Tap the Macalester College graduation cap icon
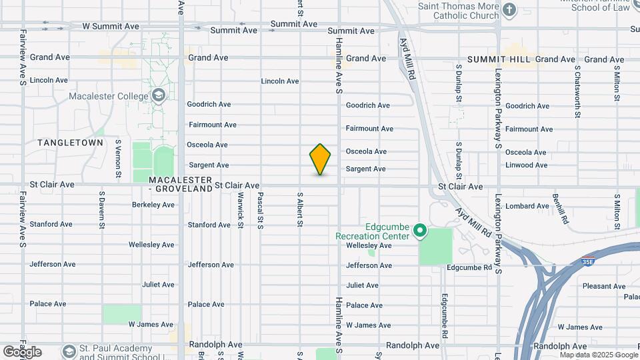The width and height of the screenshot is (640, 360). pyautogui.click(x=158, y=96)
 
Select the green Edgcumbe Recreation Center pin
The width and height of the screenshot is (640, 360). pyautogui.click(x=420, y=231)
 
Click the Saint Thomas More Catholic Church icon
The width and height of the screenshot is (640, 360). pyautogui.click(x=509, y=9)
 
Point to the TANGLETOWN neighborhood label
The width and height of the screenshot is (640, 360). pyautogui.click(x=71, y=143)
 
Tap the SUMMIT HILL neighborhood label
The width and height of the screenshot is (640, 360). pyautogui.click(x=499, y=59)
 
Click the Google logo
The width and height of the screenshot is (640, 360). pyautogui.click(x=22, y=351)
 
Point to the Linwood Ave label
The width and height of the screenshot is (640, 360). pyautogui.click(x=526, y=165)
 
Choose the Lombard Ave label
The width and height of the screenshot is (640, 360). pyautogui.click(x=527, y=207)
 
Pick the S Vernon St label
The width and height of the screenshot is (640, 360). pyautogui.click(x=118, y=159)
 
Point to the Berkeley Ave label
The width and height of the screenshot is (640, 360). pyautogui.click(x=153, y=205)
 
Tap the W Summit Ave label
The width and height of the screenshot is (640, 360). pyautogui.click(x=111, y=26)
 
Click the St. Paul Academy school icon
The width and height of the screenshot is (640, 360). pyautogui.click(x=68, y=351)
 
